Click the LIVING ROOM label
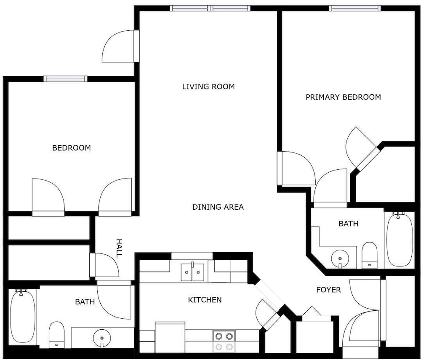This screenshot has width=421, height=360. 208,86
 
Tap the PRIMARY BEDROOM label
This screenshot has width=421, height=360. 343,97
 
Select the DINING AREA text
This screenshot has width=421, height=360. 218,207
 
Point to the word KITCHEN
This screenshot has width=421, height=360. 205,300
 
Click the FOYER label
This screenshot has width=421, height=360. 328,290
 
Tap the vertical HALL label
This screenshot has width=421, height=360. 119,248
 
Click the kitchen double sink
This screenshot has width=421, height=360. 192,272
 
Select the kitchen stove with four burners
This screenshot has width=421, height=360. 224,341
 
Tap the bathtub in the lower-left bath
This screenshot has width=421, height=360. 23,316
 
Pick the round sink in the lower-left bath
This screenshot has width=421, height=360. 102,337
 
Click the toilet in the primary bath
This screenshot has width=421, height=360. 370,255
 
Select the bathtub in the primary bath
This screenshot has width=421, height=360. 400,239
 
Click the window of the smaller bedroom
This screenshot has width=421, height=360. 66,79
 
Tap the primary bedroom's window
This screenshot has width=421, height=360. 355,8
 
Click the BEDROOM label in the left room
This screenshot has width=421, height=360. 72,148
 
